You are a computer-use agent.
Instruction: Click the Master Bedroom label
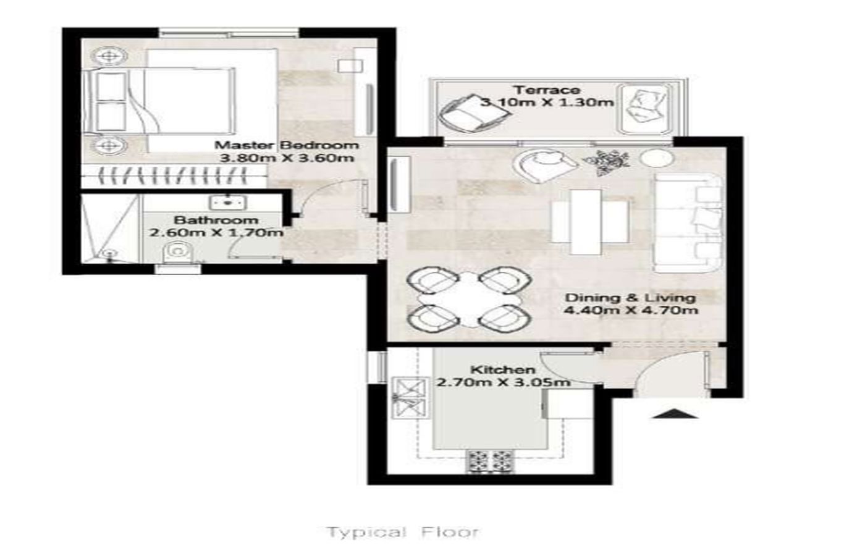point(287,145)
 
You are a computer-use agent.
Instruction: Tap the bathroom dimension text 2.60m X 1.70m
point(216,232)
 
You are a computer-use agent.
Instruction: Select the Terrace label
point(547,90)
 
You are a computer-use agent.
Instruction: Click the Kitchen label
point(503,369)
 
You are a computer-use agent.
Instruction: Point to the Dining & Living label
point(630,298)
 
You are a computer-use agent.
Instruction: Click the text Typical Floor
point(403,533)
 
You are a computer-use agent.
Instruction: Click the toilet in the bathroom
point(177,253)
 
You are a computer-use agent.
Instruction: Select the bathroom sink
point(228,201)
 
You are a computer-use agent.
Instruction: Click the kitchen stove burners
point(491,461)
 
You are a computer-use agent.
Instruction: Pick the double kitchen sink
point(409,398)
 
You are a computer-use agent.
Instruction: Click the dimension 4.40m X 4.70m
point(631,310)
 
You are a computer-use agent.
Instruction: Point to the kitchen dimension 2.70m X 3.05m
point(504,382)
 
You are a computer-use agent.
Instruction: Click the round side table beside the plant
point(656,158)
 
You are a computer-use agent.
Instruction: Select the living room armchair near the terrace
point(544,166)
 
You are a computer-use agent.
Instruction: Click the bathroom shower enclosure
point(110,229)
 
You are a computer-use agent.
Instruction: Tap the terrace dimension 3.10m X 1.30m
point(547,103)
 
